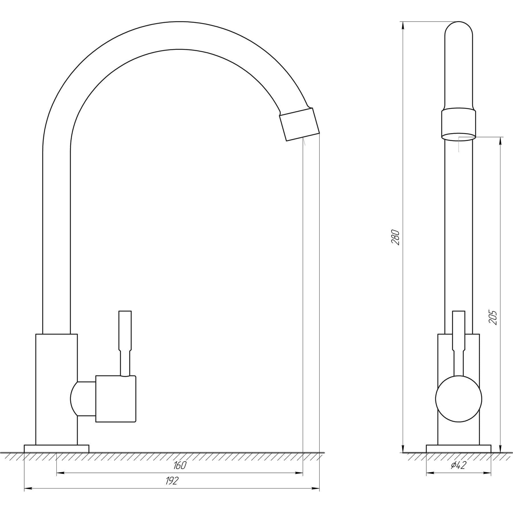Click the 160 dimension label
tap(180, 465)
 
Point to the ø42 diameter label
tap(459, 465)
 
